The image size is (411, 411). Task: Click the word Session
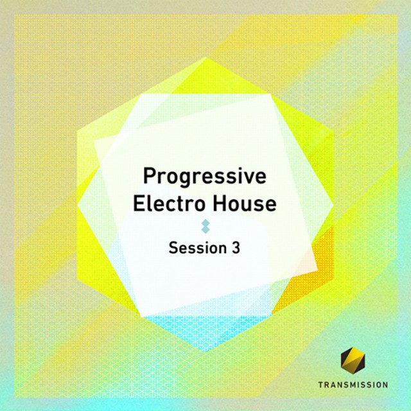point(197,248)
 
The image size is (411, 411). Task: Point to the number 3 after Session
point(236,248)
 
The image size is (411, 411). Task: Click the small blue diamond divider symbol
point(205,227)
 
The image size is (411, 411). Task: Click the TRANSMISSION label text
point(353,385)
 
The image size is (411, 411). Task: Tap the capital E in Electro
point(139,204)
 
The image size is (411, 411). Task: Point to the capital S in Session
point(173,248)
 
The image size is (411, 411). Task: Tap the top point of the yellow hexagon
point(207,58)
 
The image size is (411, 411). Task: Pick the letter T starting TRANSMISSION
point(321,385)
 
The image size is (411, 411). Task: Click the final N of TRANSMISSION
point(385,385)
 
